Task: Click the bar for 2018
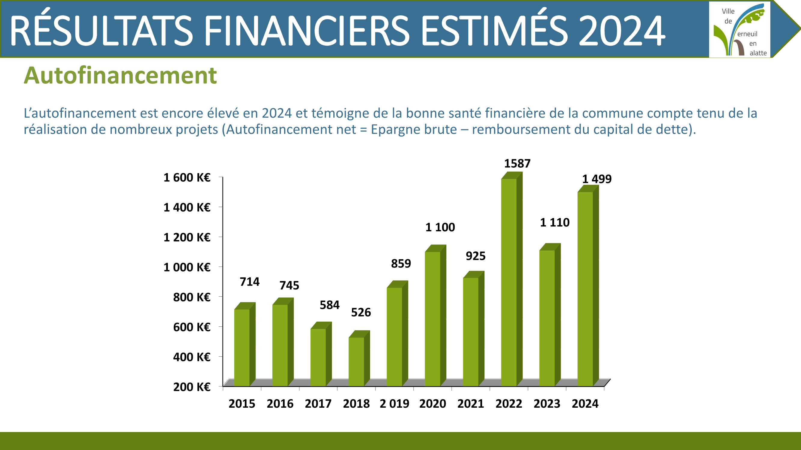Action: (x=359, y=358)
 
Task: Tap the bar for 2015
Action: (x=245, y=344)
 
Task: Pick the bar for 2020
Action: (x=435, y=316)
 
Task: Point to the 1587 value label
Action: (x=517, y=163)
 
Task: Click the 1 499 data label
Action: (x=597, y=179)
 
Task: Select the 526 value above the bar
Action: (x=361, y=312)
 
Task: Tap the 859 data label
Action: (x=401, y=263)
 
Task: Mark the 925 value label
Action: (x=475, y=256)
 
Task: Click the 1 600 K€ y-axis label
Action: (x=187, y=177)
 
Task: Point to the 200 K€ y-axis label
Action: (x=192, y=387)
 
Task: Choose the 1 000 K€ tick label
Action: (x=187, y=267)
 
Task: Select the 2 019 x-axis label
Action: (x=394, y=404)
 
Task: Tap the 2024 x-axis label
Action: (x=585, y=404)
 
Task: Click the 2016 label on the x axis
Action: (x=280, y=404)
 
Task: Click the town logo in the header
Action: (x=739, y=29)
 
